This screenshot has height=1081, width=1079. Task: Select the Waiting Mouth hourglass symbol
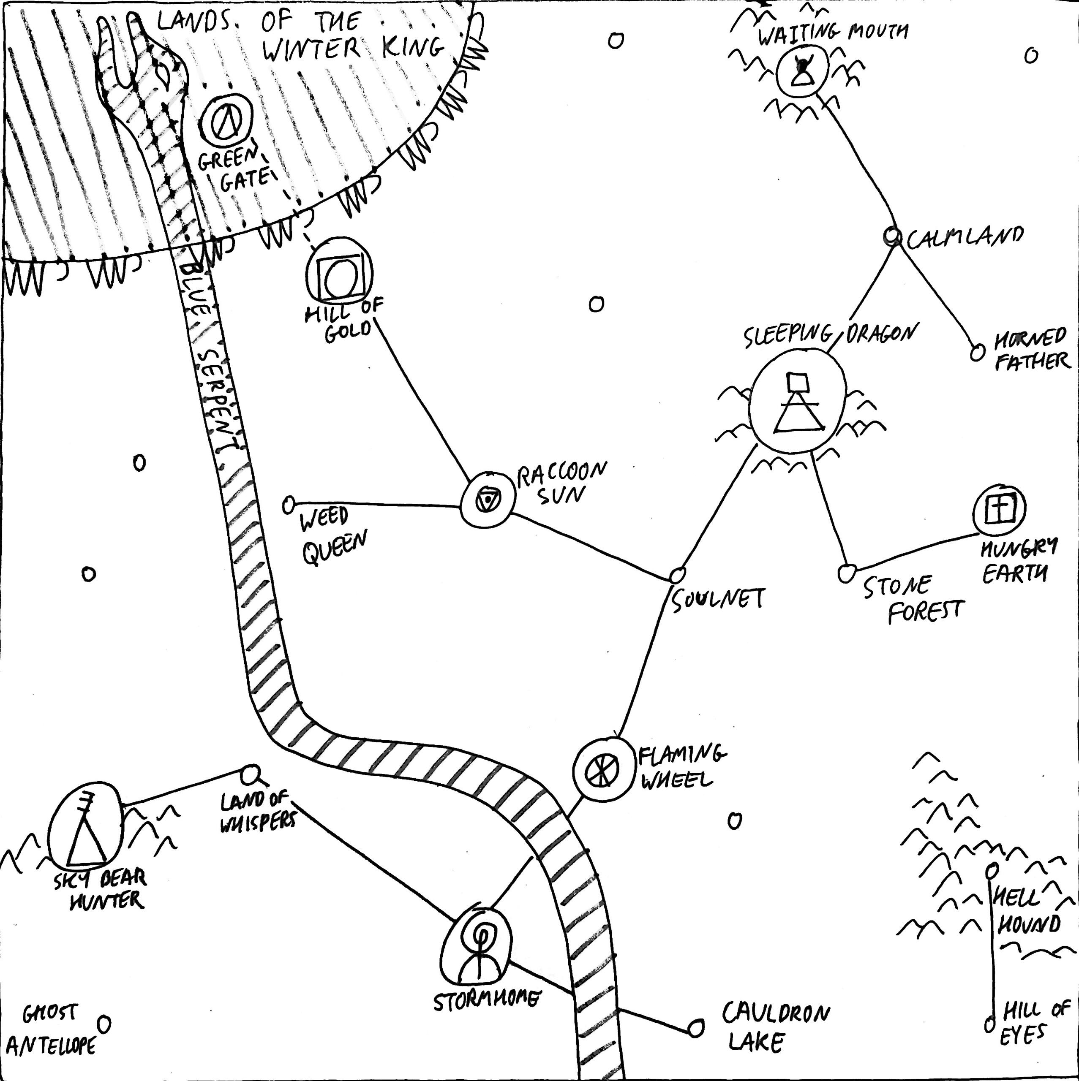pos(802,71)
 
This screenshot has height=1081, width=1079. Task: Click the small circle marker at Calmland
pos(891,236)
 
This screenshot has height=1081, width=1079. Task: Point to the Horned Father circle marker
pos(977,353)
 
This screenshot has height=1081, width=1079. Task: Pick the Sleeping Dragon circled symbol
pos(797,401)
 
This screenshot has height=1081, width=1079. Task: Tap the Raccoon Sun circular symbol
pos(488,499)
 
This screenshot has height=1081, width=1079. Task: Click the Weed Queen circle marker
pos(289,505)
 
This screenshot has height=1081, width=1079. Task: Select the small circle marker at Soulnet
pos(678,575)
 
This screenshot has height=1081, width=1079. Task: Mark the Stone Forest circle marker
pos(846,573)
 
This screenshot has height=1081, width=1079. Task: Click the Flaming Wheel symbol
pos(602,769)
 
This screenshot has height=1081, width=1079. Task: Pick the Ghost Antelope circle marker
pos(104,1024)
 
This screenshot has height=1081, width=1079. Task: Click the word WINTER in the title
pos(311,50)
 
